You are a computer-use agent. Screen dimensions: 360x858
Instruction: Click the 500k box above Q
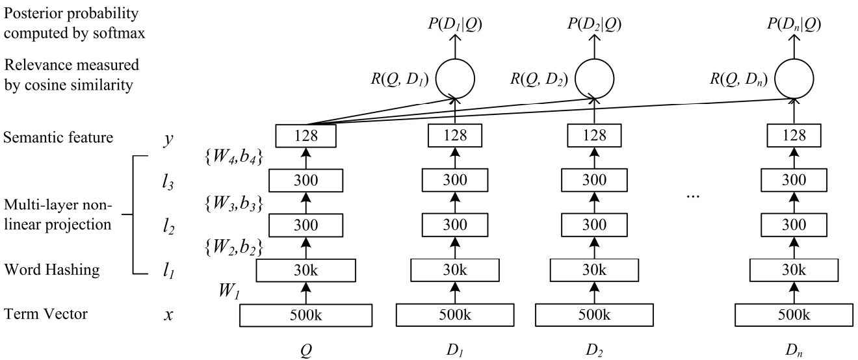pyautogui.click(x=306, y=315)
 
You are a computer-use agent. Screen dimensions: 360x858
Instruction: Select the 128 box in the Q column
pyautogui.click(x=306, y=135)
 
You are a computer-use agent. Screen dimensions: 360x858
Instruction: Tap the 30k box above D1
pyautogui.click(x=455, y=268)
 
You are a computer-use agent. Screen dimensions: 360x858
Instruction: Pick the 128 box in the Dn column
pyautogui.click(x=792, y=135)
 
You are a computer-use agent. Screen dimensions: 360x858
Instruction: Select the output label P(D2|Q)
pyautogui.click(x=594, y=24)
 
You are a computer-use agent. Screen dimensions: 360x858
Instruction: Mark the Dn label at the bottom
pyautogui.click(x=792, y=348)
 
